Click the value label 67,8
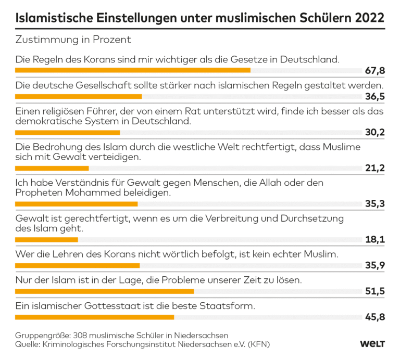tap(374, 70)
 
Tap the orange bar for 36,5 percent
tap(79, 96)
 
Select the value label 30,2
tap(374, 132)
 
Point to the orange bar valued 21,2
tap(52, 168)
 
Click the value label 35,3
tap(374, 204)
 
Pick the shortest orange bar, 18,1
tap(46, 240)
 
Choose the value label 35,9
tap(374, 266)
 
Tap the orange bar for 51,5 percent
tap(105, 291)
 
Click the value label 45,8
tap(374, 317)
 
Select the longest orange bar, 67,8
tap(133, 70)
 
